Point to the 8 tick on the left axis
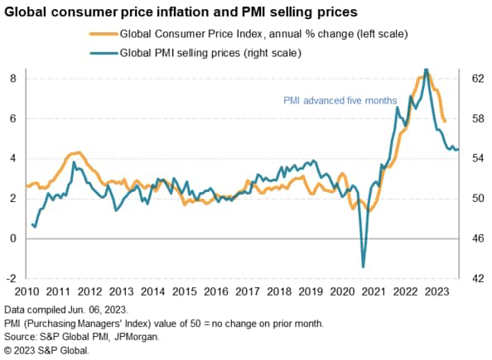coord(12,79)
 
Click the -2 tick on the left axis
coord(11,278)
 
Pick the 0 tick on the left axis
coord(12,238)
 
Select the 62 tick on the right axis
coord(478,79)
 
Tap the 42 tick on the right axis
coord(478,278)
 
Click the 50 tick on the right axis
coord(478,199)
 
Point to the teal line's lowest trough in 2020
coord(363,266)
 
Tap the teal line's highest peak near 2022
coord(426,70)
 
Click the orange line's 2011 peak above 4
coord(76,152)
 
